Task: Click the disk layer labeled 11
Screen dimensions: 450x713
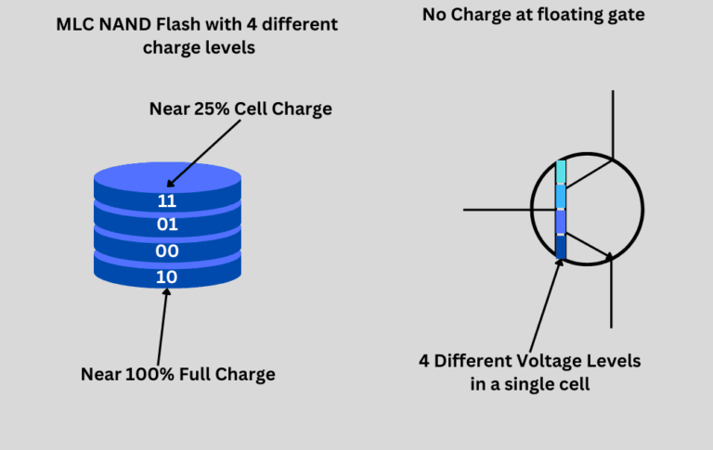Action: [167, 199]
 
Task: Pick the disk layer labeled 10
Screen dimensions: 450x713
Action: [167, 276]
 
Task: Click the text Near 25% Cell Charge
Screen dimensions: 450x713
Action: [240, 109]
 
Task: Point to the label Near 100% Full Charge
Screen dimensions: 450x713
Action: [177, 374]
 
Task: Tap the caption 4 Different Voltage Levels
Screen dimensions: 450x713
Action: [530, 360]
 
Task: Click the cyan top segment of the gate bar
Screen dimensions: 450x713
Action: [561, 172]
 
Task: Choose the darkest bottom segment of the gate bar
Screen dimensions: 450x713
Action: [561, 248]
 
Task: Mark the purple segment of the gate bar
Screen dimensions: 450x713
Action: [561, 223]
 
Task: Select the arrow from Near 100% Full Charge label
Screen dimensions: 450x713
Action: [162, 325]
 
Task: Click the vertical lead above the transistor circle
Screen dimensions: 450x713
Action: [611, 121]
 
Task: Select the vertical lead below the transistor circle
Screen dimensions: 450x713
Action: [611, 297]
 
